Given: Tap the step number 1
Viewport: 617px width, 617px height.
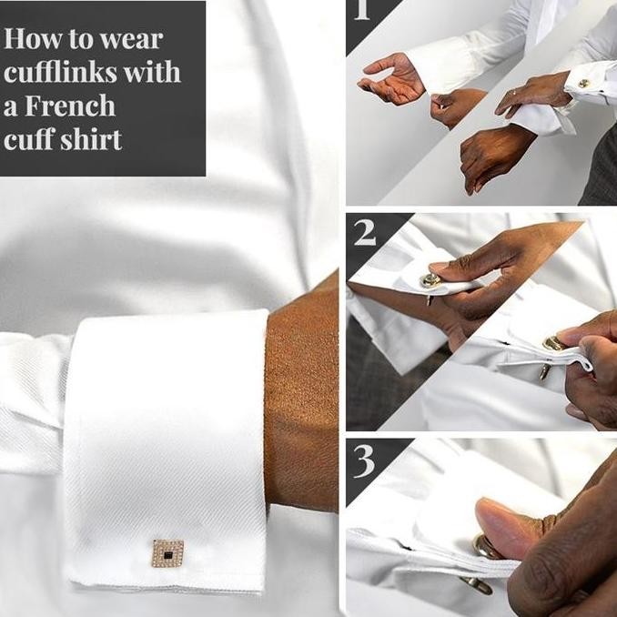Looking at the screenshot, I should (362, 11).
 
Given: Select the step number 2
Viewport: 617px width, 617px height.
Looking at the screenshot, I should (365, 234).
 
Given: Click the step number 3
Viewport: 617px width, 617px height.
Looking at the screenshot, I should (365, 461).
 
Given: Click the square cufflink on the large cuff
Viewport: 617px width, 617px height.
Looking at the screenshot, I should (167, 551).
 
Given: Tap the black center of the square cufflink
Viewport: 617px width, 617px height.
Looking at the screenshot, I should (167, 551).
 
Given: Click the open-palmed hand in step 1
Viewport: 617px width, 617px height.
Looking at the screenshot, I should (391, 79).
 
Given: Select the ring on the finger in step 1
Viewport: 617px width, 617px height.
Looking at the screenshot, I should (515, 92).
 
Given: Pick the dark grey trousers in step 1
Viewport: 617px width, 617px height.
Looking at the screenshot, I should (601, 164).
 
